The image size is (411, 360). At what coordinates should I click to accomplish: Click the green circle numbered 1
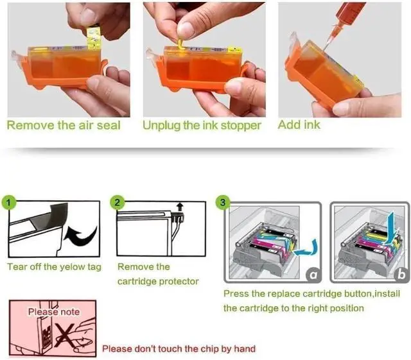8,202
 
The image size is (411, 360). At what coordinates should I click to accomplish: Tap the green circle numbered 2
117,202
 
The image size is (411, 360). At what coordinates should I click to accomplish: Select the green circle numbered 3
223,202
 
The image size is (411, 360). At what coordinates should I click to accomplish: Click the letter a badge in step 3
313,275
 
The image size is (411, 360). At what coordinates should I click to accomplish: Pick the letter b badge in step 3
401,275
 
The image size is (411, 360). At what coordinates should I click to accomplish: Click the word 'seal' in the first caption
109,125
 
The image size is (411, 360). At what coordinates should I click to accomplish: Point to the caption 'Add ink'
299,124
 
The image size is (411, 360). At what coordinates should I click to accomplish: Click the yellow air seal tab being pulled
94,37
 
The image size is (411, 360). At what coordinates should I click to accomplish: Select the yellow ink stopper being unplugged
180,44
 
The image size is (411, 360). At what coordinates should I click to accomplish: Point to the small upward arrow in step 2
180,207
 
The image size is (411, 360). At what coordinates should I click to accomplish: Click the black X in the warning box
65,334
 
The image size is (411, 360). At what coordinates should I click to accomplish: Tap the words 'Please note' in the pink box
54,312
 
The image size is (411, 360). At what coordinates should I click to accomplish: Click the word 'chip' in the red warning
210,348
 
